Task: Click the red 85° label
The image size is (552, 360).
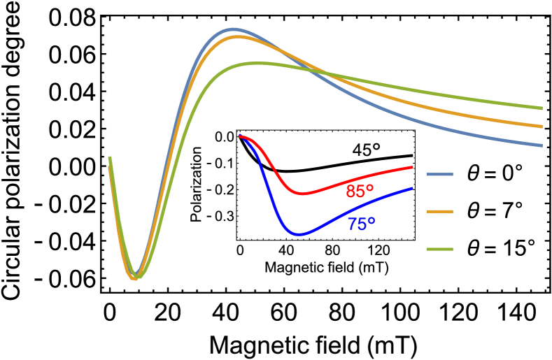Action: tap(360, 192)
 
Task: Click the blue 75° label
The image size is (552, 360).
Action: tap(361, 224)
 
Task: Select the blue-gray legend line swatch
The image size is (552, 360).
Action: tap(439, 174)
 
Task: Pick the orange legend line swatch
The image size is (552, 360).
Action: tap(439, 211)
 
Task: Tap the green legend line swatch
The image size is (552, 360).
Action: tap(439, 249)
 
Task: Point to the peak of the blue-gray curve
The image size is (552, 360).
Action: tap(232, 29)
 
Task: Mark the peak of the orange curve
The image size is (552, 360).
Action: tap(236, 36)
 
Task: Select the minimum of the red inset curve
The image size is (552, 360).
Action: tap(303, 194)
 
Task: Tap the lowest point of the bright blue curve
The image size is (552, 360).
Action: tap(299, 234)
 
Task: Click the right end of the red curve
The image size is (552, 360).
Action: tap(413, 167)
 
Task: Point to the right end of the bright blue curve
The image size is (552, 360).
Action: tap(413, 187)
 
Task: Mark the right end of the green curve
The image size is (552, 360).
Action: tap(542, 108)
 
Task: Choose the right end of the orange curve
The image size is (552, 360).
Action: tap(542, 127)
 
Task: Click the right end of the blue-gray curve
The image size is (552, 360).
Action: tap(542, 145)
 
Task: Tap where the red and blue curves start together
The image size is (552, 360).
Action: tap(240, 136)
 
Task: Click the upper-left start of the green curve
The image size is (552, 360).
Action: tap(109, 158)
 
